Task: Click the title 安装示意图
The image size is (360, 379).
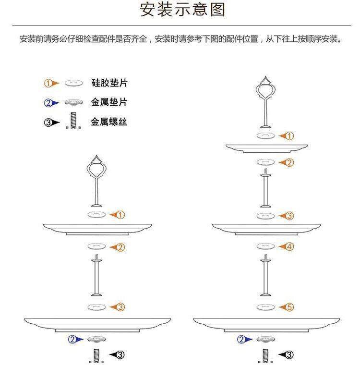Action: pos(182,10)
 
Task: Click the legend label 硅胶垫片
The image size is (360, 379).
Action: pos(109,83)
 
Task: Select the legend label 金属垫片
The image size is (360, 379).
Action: pos(109,102)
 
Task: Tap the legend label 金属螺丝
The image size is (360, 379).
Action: pos(109,122)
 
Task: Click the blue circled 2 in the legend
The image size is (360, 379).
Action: pos(48,103)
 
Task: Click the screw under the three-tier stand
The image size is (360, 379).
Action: pos(265,356)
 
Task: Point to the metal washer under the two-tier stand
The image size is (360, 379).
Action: pos(96,339)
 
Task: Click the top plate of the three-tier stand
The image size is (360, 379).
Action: pos(266,147)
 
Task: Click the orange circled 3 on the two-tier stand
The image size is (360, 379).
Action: pos(121,307)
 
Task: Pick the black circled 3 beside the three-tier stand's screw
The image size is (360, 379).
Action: pos(289,355)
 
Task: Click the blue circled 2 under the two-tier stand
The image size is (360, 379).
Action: pos(72,340)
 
